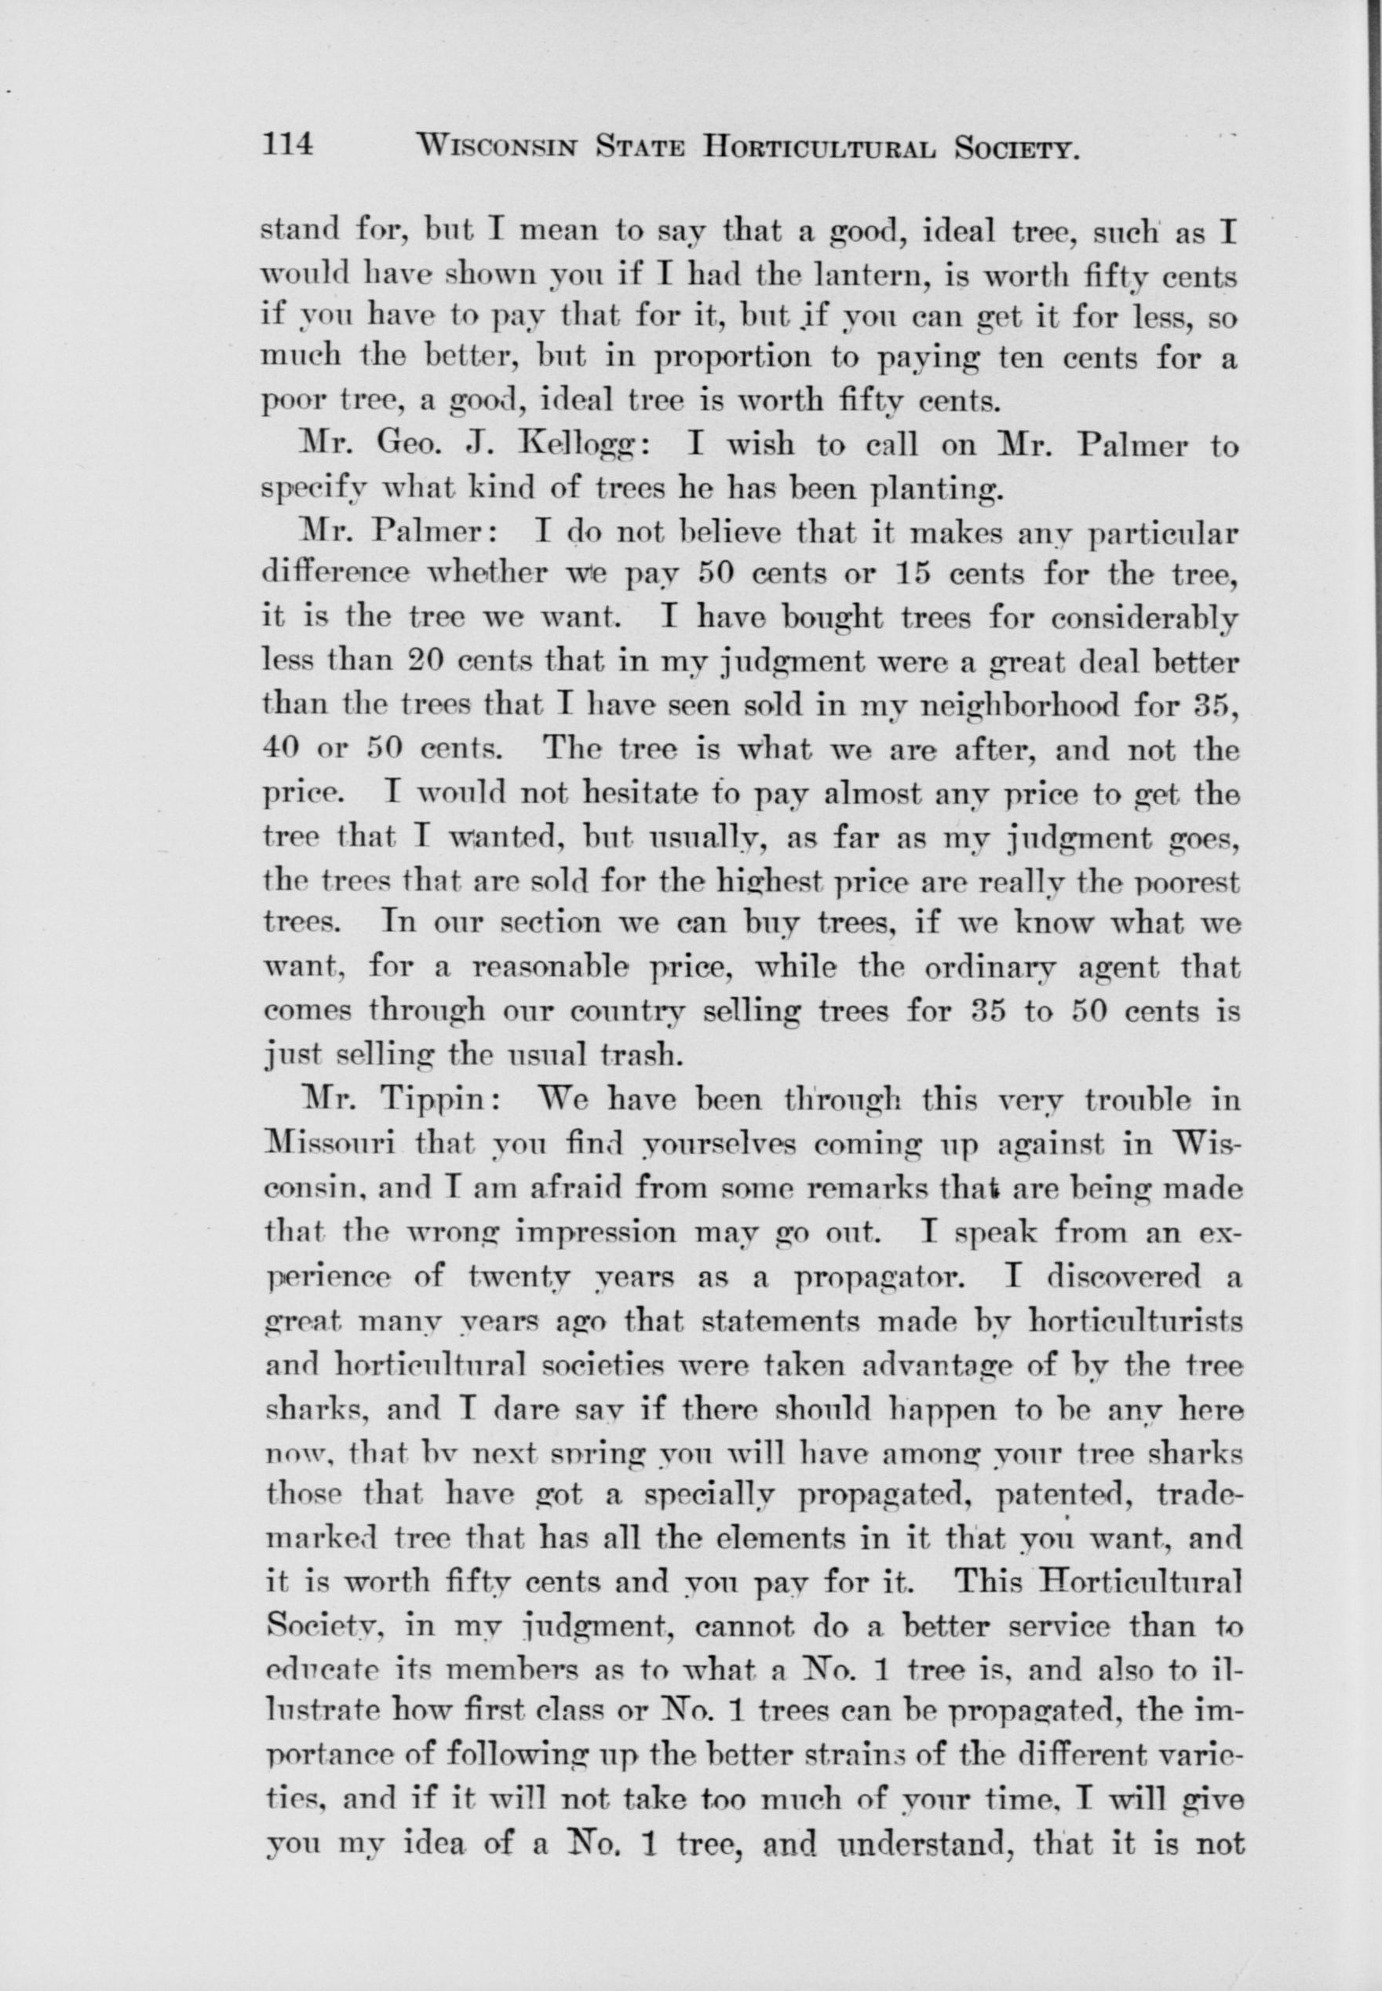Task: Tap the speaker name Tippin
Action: [437, 1102]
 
